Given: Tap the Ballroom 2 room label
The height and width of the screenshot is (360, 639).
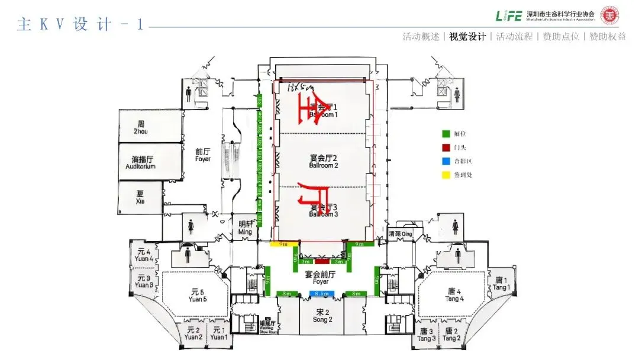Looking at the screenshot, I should coord(323,161).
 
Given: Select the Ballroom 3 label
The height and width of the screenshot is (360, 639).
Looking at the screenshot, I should coord(323,210).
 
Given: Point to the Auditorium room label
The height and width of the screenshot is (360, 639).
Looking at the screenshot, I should coord(141,163).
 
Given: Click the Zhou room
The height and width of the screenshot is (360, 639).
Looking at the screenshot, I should coord(141,127).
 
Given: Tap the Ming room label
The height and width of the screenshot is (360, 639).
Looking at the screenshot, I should coord(245,228).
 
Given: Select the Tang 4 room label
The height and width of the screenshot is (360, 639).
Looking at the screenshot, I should coord(454,295).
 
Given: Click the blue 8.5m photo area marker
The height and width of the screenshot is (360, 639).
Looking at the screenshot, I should coord(321,293).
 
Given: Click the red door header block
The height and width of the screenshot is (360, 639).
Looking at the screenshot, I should coord(321,261).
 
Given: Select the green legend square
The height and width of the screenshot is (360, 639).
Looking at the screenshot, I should coord(446,134).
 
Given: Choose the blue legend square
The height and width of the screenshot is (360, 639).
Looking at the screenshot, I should coord(446,160).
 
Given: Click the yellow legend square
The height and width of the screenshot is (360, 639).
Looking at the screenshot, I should coord(446,174).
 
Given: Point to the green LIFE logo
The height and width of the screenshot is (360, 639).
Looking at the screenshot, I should coord(509,15).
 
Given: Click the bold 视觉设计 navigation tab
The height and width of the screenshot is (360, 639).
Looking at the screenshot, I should coord(467,37).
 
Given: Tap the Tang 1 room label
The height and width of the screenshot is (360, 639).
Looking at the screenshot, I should coord(502,283).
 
